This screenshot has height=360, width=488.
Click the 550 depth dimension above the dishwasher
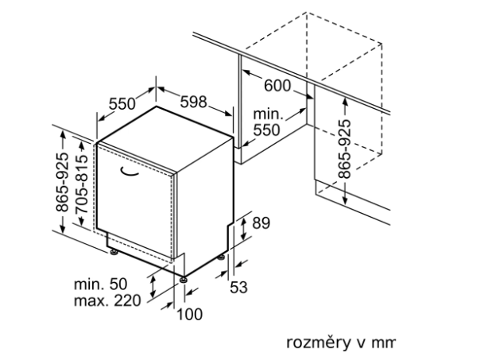[x=122, y=103]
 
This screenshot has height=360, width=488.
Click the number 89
[x=261, y=223]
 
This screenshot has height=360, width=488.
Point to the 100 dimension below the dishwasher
[x=189, y=314]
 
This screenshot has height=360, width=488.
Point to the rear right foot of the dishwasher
[x=222, y=259]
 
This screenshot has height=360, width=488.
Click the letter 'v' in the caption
[x=358, y=343]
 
